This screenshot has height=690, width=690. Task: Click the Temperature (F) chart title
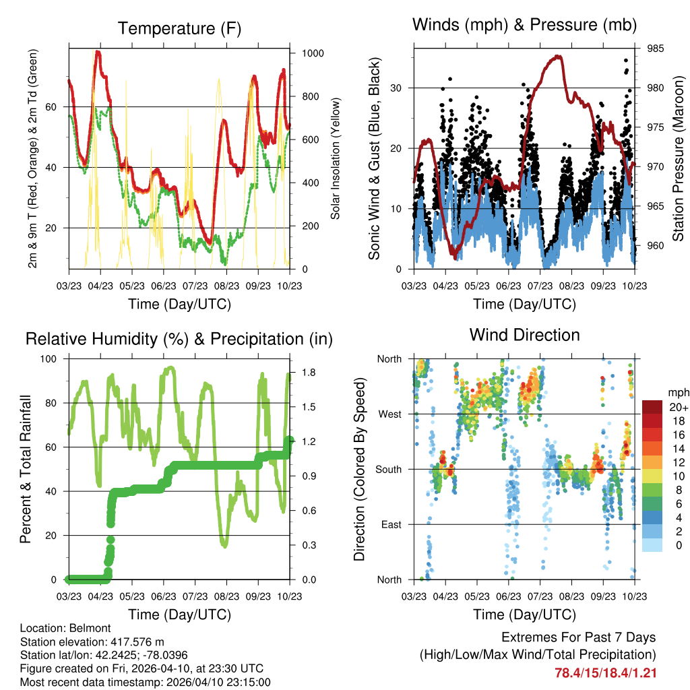[179, 28]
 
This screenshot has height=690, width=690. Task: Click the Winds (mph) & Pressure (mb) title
[525, 26]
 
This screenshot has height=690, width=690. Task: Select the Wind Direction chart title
[524, 334]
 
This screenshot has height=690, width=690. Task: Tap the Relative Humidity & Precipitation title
[179, 338]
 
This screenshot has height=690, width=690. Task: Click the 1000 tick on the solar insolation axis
[310, 53]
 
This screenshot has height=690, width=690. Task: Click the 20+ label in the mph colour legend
[679, 407]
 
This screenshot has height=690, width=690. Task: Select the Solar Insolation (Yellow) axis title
[335, 158]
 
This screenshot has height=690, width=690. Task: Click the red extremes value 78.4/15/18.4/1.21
[605, 672]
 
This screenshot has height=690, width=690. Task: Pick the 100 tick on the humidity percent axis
[51, 358]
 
